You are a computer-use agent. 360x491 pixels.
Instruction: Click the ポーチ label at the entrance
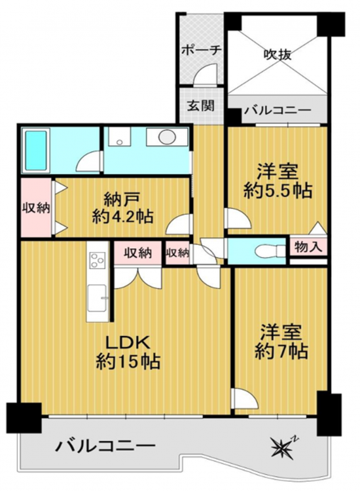tap(202, 50)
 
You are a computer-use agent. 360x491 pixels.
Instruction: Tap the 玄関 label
tap(201, 105)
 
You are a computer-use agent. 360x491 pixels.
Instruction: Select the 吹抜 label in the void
tap(278, 54)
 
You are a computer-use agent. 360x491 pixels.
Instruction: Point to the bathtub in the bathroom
tap(36, 150)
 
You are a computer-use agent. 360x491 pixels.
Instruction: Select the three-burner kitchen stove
tap(98, 260)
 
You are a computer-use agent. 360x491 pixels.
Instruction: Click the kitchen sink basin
tap(96, 298)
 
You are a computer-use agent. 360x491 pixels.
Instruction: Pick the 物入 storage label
tap(308, 247)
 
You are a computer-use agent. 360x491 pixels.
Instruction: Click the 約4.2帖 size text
tap(122, 217)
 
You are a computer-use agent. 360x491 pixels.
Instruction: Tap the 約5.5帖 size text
tap(278, 190)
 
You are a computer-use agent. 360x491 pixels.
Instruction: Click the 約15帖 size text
tap(128, 361)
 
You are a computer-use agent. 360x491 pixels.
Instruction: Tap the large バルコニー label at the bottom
tap(105, 445)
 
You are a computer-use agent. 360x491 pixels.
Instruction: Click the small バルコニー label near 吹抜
tap(278, 111)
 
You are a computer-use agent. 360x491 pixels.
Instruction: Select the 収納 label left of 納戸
tap(36, 208)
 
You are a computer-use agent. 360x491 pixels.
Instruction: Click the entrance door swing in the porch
tap(205, 74)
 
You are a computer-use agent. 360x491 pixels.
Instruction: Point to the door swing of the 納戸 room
tap(178, 224)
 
